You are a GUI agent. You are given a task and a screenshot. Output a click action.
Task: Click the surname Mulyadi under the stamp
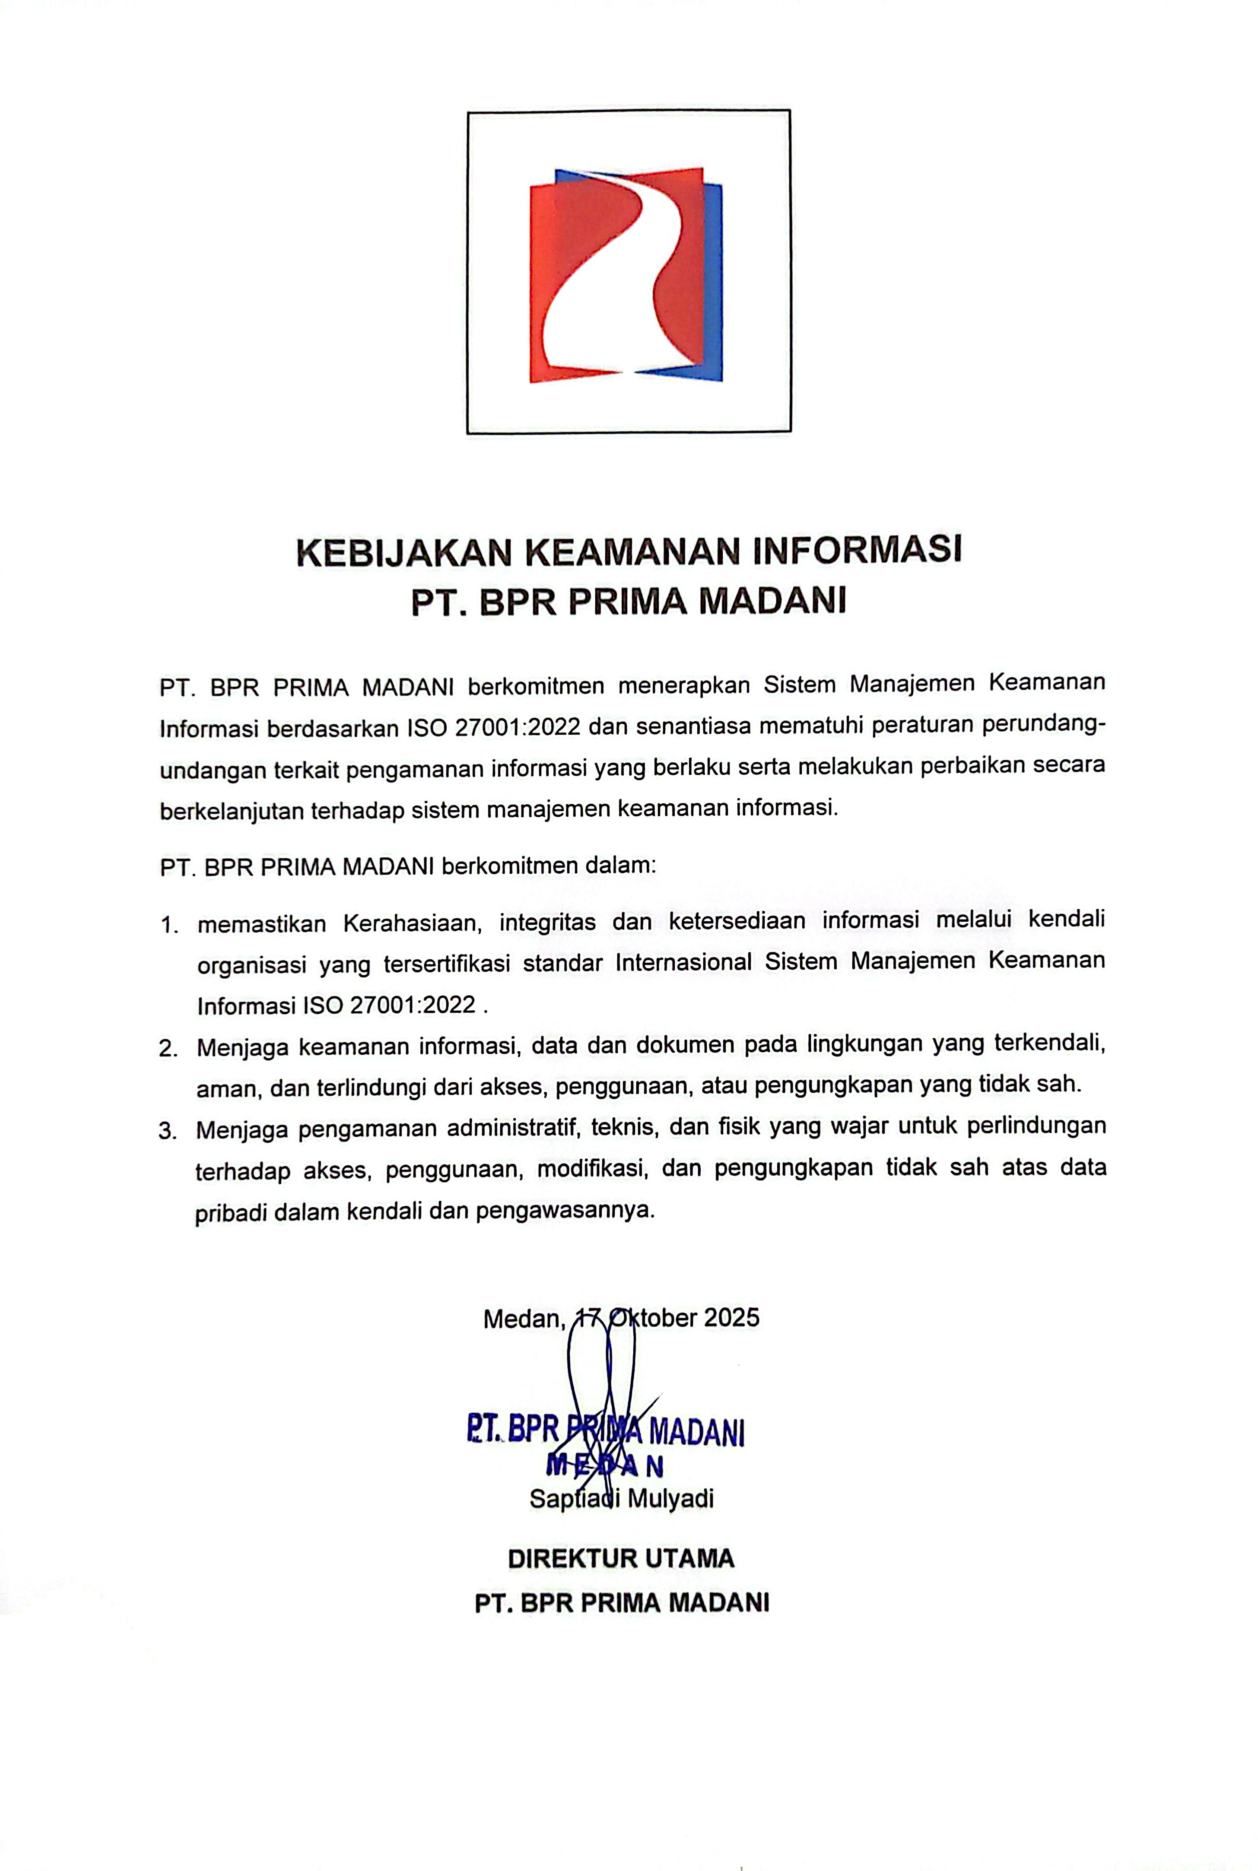(x=672, y=1498)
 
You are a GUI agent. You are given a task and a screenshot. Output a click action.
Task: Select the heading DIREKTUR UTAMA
(x=621, y=1558)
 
